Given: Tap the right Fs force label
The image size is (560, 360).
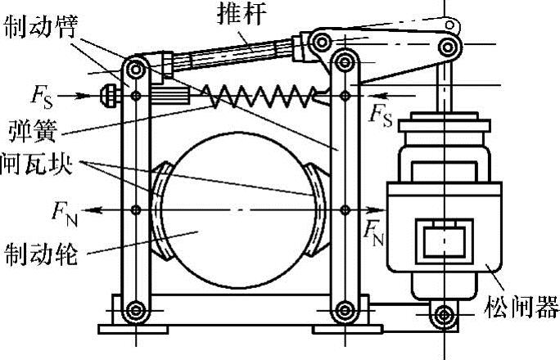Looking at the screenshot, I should tap(382, 115).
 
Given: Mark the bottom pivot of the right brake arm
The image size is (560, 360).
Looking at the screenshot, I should tap(343, 310).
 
